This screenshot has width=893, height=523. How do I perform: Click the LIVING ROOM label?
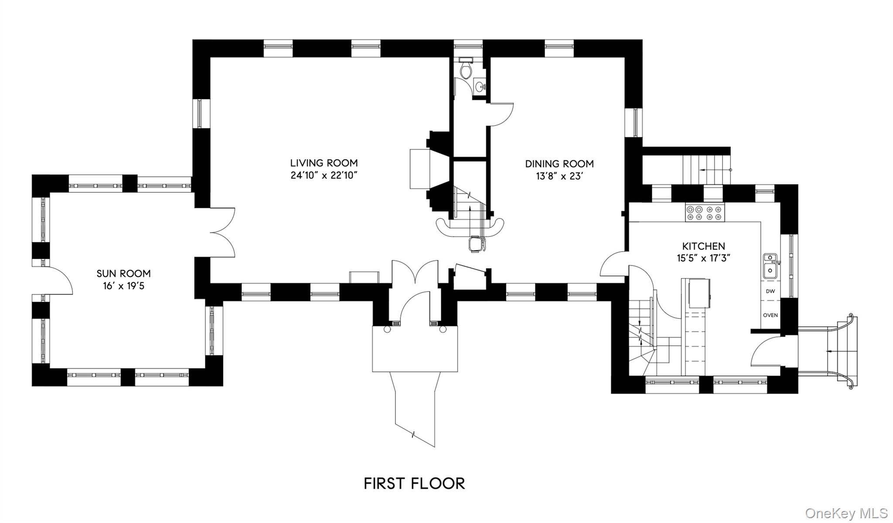click(x=324, y=163)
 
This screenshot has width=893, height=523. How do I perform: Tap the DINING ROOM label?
click(x=559, y=164)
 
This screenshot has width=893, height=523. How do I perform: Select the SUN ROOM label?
click(x=124, y=273)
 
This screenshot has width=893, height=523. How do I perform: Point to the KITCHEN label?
click(x=704, y=246)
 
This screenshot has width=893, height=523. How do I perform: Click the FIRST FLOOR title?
click(x=415, y=483)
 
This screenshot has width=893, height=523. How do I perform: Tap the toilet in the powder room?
click(x=466, y=68)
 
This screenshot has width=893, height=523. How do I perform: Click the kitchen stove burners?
click(x=705, y=212)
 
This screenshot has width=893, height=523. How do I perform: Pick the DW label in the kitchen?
click(x=770, y=291)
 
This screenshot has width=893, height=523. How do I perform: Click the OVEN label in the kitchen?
click(x=770, y=315)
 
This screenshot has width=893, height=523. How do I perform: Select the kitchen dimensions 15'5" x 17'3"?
click(x=704, y=258)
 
